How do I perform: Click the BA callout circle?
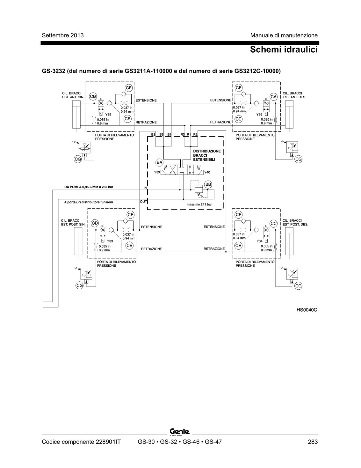pos(159,163)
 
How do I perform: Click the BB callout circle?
pos(208,184)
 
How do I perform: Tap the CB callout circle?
pos(93,96)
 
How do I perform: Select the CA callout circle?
pos(273,97)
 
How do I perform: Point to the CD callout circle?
pos(95,223)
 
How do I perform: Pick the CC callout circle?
pos(273,224)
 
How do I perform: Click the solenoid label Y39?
pos(157,172)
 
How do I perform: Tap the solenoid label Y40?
pos(207,172)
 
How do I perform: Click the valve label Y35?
pos(108,115)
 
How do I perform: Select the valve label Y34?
pos(259,241)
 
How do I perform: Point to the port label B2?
pos(153,134)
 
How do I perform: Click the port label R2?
pos(195,134)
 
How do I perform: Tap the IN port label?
pos(145,188)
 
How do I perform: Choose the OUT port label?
pos(143,202)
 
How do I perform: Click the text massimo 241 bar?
pos(199,204)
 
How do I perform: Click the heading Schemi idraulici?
pos(284,50)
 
